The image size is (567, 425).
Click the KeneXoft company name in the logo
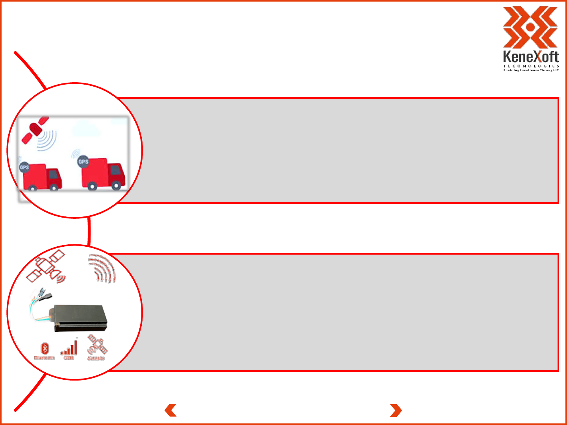click(531, 57)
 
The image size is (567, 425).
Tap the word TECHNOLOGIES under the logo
click(531, 66)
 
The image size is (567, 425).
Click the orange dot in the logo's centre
click(530, 27)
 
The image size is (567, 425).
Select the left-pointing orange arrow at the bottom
click(170, 410)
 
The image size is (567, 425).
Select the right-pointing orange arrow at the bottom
click(396, 410)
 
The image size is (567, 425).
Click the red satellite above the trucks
click(35, 129)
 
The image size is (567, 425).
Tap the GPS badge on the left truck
click(24, 167)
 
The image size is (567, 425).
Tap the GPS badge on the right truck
click(83, 161)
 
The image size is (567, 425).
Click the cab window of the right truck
click(116, 170)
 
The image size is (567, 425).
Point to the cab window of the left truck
click(53, 174)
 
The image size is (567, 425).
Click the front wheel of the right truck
click(116, 186)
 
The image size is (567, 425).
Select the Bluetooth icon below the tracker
click(45, 348)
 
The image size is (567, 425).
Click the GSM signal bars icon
click(69, 348)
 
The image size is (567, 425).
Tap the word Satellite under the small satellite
click(96, 358)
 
